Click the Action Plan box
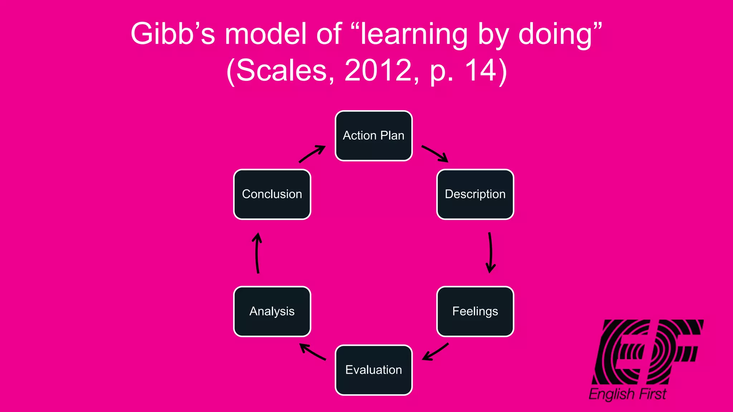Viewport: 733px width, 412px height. tap(374, 136)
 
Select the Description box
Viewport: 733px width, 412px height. tap(475, 194)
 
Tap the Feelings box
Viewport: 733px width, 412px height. tap(475, 311)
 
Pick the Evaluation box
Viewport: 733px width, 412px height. tap(374, 370)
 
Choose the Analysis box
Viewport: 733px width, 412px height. tap(272, 311)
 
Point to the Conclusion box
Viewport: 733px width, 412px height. tap(272, 194)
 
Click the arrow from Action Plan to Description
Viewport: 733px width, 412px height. tap(435, 153)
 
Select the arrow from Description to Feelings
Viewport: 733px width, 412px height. tap(490, 252)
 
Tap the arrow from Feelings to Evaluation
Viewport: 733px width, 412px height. tap(435, 352)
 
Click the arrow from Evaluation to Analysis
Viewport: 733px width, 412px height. tap(312, 352)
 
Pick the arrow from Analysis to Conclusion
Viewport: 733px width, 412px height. tap(257, 253)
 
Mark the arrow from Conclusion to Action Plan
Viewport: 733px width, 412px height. tap(312, 154)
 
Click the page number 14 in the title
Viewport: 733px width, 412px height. tap(481, 70)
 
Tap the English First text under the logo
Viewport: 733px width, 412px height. tap(627, 394)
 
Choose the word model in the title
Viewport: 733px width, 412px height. tap(266, 34)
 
